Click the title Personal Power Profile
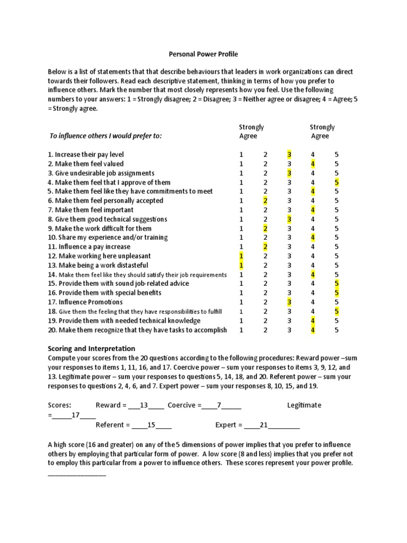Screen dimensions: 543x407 (x=203, y=54)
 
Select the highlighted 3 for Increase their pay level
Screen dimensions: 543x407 (x=289, y=154)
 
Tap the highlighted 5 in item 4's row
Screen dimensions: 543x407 (x=337, y=182)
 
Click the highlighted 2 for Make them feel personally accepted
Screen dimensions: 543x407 (x=266, y=200)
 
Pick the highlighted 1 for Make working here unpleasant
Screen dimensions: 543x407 (x=241, y=256)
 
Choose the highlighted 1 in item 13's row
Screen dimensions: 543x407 (x=241, y=265)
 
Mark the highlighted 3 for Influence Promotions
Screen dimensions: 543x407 (x=289, y=302)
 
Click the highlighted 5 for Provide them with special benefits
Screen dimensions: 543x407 (x=337, y=293)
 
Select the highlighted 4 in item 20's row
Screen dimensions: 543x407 (x=313, y=330)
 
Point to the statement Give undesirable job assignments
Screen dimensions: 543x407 (x=101, y=173)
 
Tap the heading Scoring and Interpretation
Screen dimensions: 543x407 (x=92, y=348)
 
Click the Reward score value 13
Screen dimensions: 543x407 (x=143, y=406)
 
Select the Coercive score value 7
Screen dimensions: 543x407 (x=218, y=406)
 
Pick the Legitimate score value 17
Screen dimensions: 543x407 (x=75, y=415)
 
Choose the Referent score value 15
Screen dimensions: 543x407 (x=151, y=425)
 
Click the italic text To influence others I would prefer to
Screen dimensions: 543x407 (x=105, y=136)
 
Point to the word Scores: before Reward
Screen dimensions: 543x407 (x=59, y=406)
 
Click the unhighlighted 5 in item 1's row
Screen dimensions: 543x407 (x=337, y=154)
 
